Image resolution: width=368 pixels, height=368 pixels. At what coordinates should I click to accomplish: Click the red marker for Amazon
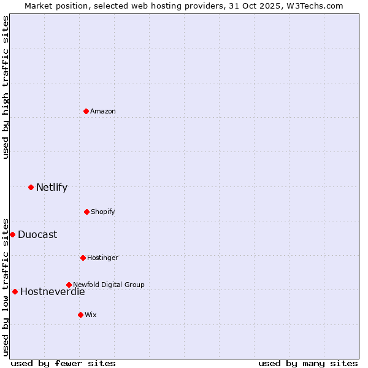tap(86, 111)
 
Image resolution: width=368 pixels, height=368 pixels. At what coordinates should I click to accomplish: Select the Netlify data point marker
tap(31, 187)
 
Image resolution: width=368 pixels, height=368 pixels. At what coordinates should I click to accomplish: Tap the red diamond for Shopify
tap(86, 212)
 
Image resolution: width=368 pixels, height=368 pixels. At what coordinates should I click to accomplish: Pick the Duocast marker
tap(12, 234)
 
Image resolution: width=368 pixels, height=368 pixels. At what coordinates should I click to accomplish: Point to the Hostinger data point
tap(83, 258)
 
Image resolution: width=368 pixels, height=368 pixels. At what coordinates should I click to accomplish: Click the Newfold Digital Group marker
tap(69, 285)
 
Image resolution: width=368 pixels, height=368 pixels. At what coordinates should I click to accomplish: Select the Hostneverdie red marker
tap(15, 291)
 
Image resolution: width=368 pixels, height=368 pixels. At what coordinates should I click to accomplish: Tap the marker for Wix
tap(80, 315)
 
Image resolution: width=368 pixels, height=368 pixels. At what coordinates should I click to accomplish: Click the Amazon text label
tap(103, 111)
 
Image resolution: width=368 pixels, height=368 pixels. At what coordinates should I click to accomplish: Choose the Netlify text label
tap(52, 187)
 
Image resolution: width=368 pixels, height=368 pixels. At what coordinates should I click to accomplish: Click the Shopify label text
tap(103, 212)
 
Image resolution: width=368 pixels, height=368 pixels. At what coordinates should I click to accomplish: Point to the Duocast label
tap(37, 234)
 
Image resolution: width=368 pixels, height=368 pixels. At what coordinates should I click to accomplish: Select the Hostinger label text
tap(102, 258)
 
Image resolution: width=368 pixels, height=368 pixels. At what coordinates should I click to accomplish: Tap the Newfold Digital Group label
tap(109, 285)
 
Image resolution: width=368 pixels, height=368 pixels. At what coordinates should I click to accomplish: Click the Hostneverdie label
tap(53, 291)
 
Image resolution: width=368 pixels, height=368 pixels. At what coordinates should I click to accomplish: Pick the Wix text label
tap(91, 315)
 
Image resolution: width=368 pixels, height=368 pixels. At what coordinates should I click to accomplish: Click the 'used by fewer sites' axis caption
tap(63, 363)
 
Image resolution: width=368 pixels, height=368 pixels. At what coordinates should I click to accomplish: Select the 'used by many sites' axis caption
tap(308, 363)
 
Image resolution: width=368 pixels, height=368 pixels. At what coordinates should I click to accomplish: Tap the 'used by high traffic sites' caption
tap(6, 87)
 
